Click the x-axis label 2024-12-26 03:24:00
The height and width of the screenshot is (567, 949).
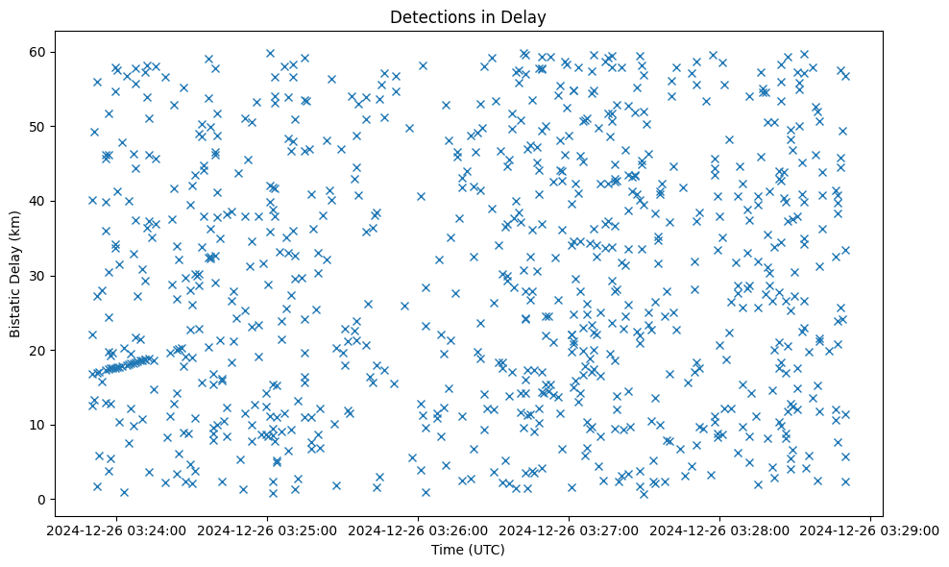coord(116,530)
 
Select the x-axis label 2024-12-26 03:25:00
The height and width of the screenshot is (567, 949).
coord(267,530)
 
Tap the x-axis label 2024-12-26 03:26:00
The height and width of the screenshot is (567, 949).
coord(419,530)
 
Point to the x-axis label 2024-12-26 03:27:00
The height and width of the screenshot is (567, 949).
coord(570,530)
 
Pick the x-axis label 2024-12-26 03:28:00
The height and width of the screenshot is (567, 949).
coord(720,530)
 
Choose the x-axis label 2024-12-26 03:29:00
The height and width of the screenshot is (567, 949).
coord(870,530)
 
